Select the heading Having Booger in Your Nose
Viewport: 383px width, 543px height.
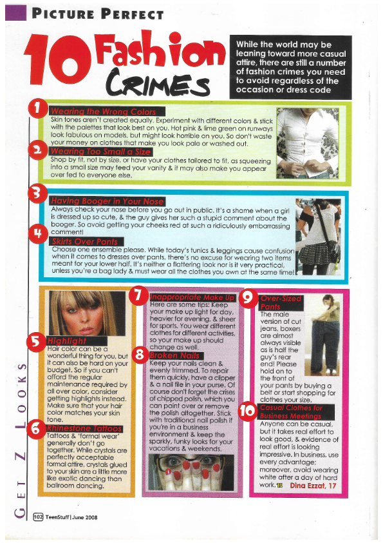pyautogui.click(x=107, y=201)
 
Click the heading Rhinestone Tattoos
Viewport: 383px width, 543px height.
pyautogui.click(x=84, y=429)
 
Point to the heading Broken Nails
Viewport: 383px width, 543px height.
pyautogui.click(x=176, y=355)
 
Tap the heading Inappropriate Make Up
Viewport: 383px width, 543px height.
pyautogui.click(x=192, y=297)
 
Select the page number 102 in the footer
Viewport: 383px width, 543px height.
pyautogui.click(x=38, y=517)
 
